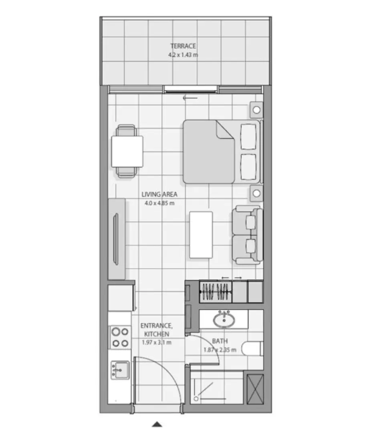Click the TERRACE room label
[x=183, y=46]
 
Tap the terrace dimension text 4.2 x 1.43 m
[x=183, y=55]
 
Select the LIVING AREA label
[x=159, y=195]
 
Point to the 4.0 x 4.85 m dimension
[x=159, y=203]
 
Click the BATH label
[x=220, y=341]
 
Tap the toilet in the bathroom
[x=252, y=349]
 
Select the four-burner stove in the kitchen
[x=120, y=337]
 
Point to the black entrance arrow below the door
[x=157, y=424]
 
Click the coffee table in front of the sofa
[x=201, y=235]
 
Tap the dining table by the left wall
[x=127, y=152]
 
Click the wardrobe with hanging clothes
[x=216, y=291]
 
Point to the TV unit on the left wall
[x=117, y=239]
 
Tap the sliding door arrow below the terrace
[x=190, y=97]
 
